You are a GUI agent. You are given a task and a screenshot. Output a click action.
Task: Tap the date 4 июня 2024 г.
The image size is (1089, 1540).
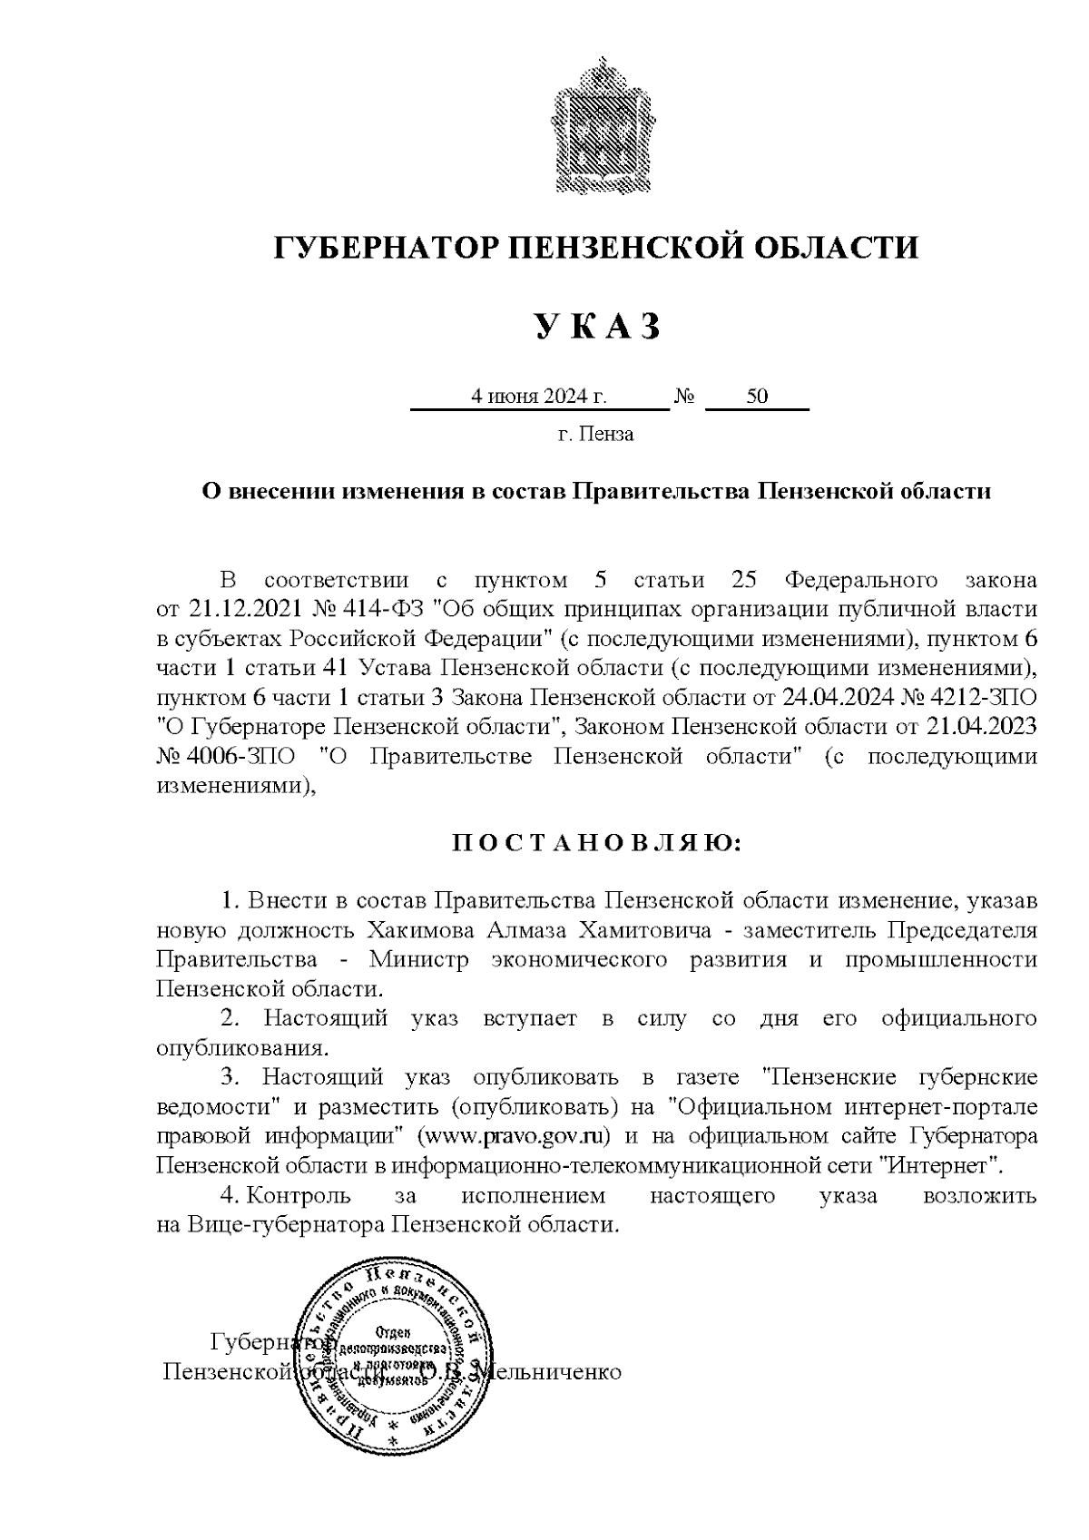click(x=537, y=397)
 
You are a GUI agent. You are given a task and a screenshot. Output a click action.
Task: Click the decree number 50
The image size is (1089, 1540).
click(x=756, y=397)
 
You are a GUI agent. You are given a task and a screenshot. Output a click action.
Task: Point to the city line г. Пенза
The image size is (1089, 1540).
click(x=595, y=434)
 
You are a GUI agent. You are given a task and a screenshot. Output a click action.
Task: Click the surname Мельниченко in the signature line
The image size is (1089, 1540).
click(x=554, y=1371)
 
